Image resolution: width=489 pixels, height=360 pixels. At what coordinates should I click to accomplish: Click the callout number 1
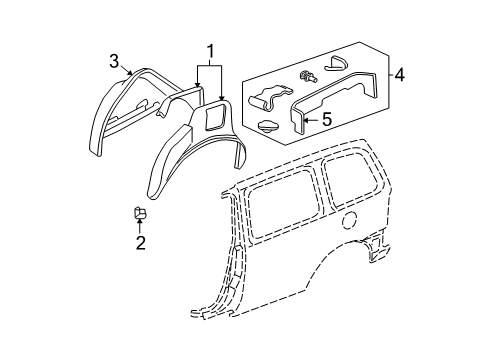[x=210, y=49]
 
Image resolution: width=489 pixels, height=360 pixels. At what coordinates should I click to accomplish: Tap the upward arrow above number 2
[x=140, y=226]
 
